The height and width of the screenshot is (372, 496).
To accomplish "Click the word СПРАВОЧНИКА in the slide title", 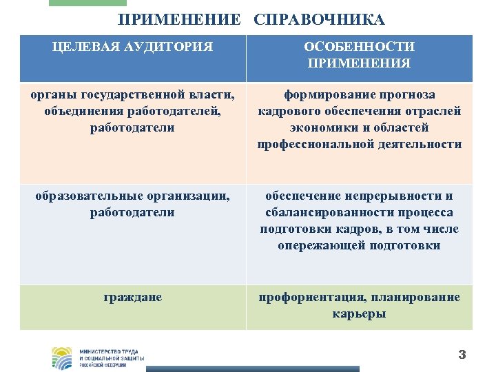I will [319, 20].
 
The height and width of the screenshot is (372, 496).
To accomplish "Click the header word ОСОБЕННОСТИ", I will [359, 47].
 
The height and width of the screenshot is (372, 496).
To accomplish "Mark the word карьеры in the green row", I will [359, 313].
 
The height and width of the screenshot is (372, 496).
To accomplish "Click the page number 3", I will [462, 355].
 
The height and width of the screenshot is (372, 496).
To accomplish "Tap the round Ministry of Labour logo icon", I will [62, 358].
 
